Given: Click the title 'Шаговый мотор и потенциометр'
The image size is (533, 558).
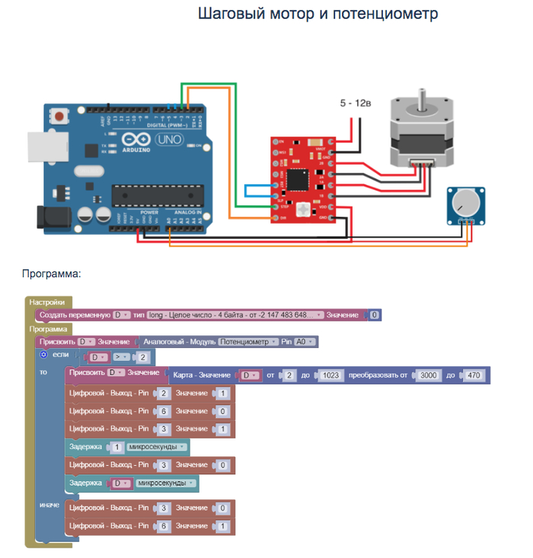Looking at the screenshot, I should (x=318, y=14).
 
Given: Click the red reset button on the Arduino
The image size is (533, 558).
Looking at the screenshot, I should (x=58, y=117).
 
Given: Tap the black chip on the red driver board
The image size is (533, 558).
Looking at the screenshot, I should (x=302, y=180).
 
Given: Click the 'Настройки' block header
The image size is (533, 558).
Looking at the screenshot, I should (x=47, y=302).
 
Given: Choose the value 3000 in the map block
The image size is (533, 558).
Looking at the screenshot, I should (x=430, y=375).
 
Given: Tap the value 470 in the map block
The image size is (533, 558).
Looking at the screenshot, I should (x=475, y=375).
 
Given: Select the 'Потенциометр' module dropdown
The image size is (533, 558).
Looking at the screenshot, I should (x=248, y=342).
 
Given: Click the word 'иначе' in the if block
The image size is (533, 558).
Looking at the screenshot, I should (x=49, y=505).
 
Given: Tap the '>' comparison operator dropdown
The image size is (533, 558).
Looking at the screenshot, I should (x=120, y=357).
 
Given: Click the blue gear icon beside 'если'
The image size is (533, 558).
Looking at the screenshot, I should (x=43, y=355).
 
